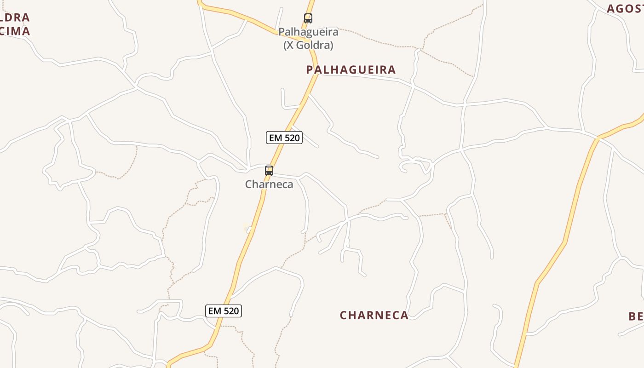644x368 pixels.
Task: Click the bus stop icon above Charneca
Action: (269, 171)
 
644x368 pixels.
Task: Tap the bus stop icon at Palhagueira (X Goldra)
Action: (308, 18)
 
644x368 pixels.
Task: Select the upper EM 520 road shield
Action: (284, 138)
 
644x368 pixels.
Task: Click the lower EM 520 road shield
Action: (224, 311)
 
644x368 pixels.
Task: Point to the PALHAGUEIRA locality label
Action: (351, 69)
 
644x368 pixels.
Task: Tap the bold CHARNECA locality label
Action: (374, 315)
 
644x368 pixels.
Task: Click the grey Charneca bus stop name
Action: (269, 184)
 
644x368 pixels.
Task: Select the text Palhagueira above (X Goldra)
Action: (308, 32)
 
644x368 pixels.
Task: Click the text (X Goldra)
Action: (308, 45)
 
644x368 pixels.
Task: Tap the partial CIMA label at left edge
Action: (15, 31)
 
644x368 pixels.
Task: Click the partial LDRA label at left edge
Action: (15, 17)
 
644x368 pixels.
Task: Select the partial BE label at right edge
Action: (636, 316)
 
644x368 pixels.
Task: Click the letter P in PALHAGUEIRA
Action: (310, 69)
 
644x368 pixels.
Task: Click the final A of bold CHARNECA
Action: (404, 315)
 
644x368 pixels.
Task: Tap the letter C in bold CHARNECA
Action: (343, 315)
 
